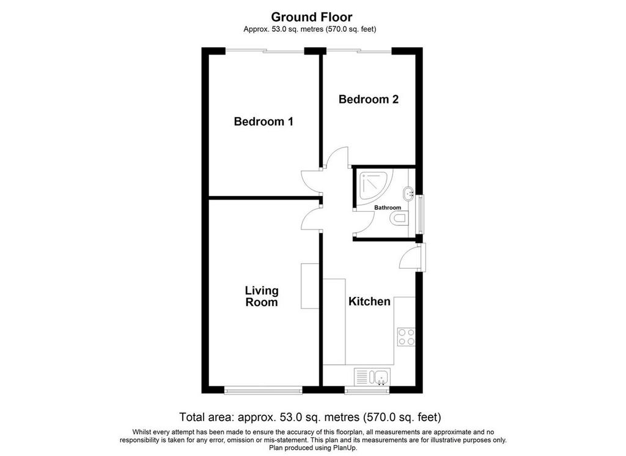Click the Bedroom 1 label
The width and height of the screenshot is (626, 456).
(x=263, y=121)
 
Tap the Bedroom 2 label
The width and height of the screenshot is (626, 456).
(x=369, y=99)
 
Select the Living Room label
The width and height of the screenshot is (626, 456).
(x=262, y=296)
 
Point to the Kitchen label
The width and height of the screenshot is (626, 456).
(x=369, y=301)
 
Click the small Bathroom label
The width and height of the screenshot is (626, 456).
(x=387, y=207)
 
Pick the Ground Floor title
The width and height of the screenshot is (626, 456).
(x=311, y=17)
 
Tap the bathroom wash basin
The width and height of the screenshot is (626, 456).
(x=410, y=194)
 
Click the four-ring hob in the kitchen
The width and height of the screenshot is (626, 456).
(x=407, y=337)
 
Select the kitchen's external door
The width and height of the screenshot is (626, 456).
(x=413, y=258)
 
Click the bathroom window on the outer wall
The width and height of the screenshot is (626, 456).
(x=420, y=214)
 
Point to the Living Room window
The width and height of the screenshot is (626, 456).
(x=263, y=390)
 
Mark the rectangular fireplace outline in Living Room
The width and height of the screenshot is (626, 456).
(x=310, y=286)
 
